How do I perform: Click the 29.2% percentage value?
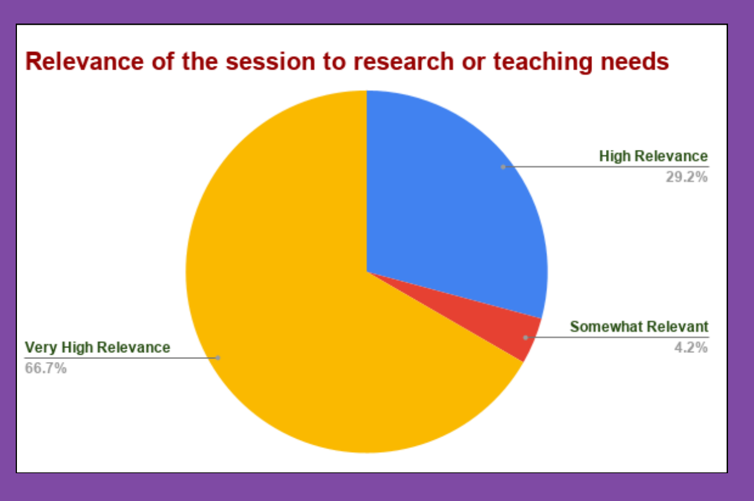click(687, 177)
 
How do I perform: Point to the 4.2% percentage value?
click(691, 347)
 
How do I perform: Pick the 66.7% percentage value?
click(46, 368)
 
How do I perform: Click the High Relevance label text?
click(653, 157)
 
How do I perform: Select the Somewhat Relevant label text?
click(639, 327)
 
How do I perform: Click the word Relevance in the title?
click(85, 62)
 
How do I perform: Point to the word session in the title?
click(270, 62)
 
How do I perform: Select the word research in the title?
click(403, 62)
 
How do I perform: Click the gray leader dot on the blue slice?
click(503, 167)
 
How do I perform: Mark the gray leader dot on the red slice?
click(526, 337)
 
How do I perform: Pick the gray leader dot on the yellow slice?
click(217, 358)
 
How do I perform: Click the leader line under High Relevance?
click(606, 167)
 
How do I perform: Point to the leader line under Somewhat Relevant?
click(617, 337)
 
